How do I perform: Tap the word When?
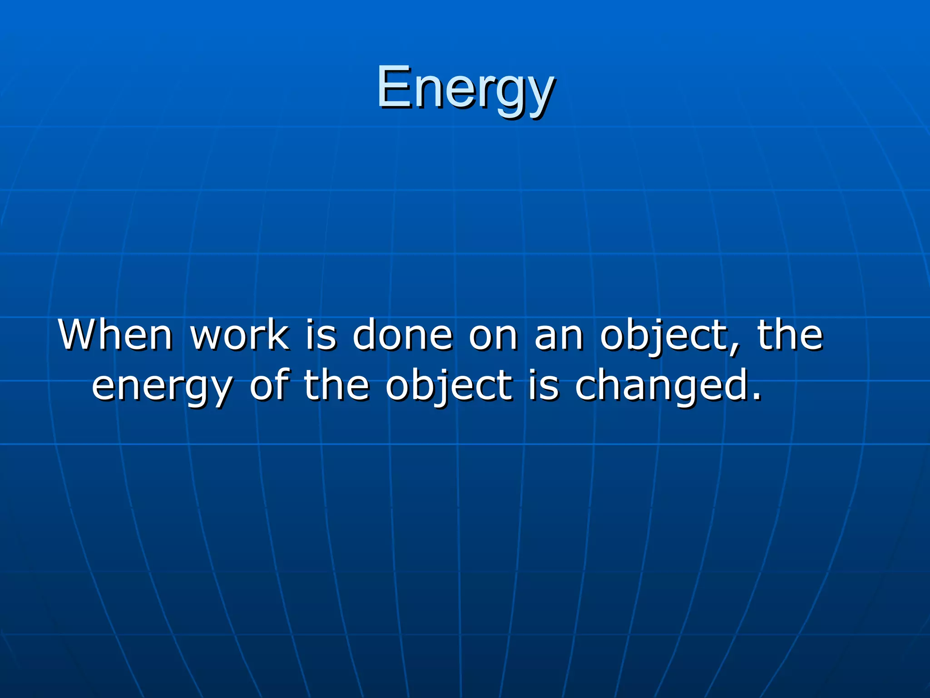[x=115, y=335]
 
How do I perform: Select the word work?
[x=239, y=335]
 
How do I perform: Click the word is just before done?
[x=321, y=335]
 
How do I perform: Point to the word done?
[x=403, y=335]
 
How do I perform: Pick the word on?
[x=493, y=335]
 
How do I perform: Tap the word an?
[x=559, y=335]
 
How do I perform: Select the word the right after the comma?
[x=790, y=335]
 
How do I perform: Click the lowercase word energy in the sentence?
[x=163, y=386]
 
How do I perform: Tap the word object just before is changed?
[x=449, y=386]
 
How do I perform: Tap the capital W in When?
[x=76, y=335]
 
